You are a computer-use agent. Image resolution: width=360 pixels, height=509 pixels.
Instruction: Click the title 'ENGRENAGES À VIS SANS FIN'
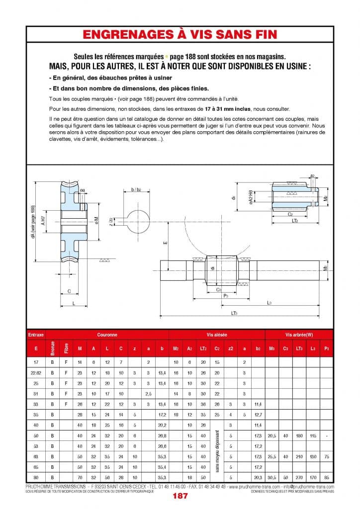180,34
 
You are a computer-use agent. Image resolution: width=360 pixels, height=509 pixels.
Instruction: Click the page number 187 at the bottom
180,496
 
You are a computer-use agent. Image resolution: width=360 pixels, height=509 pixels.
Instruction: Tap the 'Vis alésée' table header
216,335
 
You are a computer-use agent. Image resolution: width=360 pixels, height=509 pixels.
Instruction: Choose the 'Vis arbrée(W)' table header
298,335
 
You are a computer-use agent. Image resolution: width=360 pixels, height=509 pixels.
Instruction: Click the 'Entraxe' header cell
36,335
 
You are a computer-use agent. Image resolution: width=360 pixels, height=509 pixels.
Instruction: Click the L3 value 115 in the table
313,435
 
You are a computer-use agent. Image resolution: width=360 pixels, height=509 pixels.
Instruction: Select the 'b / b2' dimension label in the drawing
135,190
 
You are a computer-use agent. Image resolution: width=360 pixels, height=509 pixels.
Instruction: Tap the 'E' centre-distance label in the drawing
165,243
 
